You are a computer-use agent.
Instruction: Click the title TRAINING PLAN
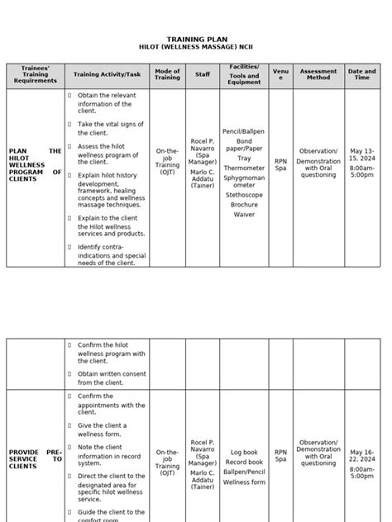coord(195,39)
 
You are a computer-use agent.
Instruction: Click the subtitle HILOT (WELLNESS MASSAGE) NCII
coord(195,49)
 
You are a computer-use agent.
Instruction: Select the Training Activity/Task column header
coord(107,75)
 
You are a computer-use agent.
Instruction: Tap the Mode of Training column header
coord(168,75)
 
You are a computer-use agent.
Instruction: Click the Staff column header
coord(203,75)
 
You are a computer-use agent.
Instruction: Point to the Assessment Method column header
coord(318,75)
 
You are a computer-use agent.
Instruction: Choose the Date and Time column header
coord(362,75)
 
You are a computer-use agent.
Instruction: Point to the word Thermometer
coord(243,168)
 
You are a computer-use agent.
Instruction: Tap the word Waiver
coord(243,214)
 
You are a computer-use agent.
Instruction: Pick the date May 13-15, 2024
coord(361,155)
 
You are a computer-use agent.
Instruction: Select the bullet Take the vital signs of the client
coord(105,127)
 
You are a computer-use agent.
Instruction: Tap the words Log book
coord(244,453)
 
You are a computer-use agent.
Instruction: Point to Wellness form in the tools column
coord(244,482)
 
